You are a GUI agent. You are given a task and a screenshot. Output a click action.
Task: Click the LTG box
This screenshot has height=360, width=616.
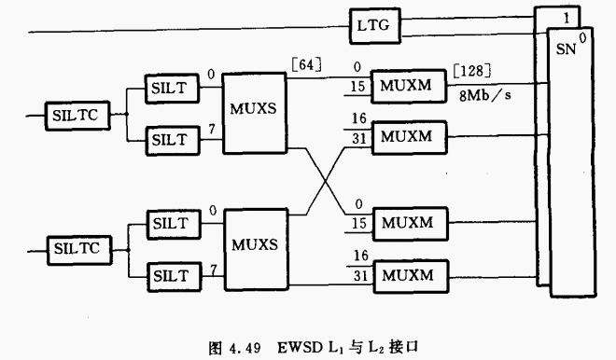pos(375,27)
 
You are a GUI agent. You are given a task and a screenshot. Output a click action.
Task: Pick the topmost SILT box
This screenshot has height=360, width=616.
pos(170,88)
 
